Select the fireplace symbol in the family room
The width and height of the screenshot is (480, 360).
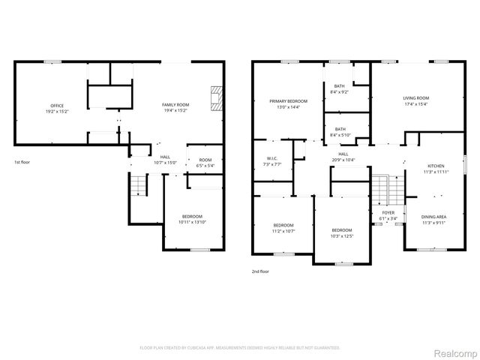click(216, 97)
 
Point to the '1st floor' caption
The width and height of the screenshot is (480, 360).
click(22, 162)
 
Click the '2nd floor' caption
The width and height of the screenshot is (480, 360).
click(260, 271)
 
